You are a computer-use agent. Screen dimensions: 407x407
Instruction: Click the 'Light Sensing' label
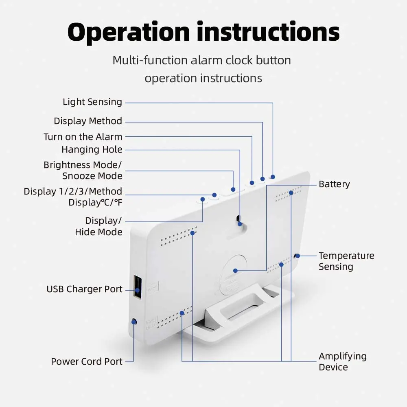92,102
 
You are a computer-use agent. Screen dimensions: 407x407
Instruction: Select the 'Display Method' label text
88,121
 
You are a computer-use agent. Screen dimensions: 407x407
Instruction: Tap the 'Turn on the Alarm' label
83,137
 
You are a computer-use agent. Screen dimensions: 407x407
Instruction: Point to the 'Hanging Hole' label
92,150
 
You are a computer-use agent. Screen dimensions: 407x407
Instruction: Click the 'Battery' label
334,184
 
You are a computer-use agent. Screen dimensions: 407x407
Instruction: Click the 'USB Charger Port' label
84,289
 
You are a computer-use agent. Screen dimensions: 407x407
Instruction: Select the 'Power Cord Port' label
87,361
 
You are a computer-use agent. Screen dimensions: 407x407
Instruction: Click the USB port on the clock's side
137,287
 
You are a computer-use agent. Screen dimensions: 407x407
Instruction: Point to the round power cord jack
133,322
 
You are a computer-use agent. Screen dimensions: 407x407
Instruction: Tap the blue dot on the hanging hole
240,223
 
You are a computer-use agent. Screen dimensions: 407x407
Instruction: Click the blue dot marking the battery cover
235,270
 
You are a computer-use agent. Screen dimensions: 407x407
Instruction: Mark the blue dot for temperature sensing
298,256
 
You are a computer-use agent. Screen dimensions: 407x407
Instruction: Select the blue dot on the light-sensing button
273,177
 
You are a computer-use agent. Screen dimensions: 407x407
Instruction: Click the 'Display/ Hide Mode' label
98,226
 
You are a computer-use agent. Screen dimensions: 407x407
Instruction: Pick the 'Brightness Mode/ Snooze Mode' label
83,171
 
